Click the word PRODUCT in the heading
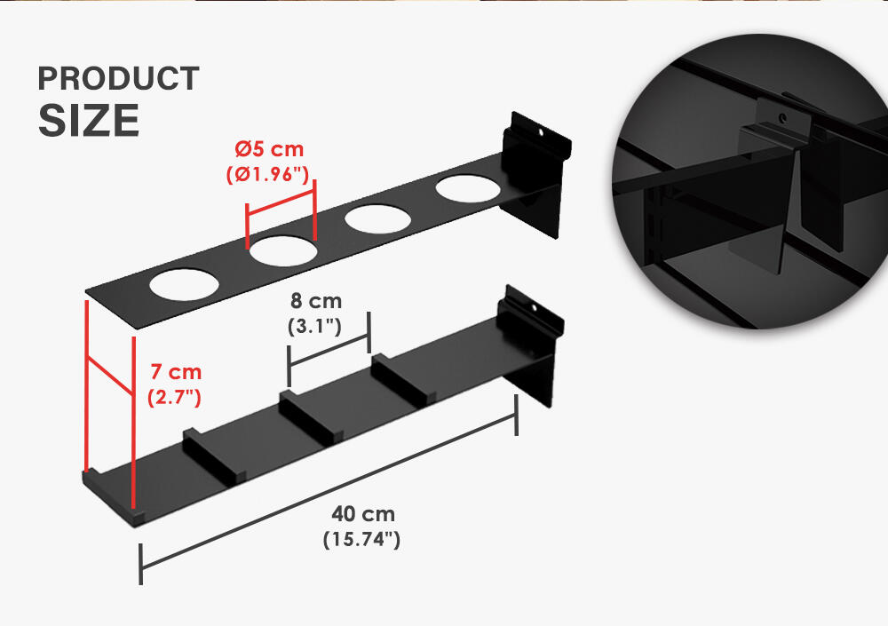pyautogui.click(x=118, y=78)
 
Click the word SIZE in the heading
pyautogui.click(x=89, y=120)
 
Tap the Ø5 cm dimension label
pyautogui.click(x=270, y=149)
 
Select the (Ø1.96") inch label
pyautogui.click(x=268, y=174)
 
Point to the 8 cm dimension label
pyautogui.click(x=316, y=300)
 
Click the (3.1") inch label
pyautogui.click(x=315, y=326)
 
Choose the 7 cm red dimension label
pyautogui.click(x=176, y=372)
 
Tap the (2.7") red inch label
pyautogui.click(x=174, y=397)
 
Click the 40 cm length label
pyautogui.click(x=363, y=514)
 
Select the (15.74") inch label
pyautogui.click(x=362, y=539)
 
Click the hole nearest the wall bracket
pyautogui.click(x=468, y=188)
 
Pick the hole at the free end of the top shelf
pyautogui.click(x=184, y=284)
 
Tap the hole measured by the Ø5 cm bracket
pyautogui.click(x=283, y=251)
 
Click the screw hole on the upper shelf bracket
pyautogui.click(x=540, y=132)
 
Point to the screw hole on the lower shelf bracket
pyautogui.click(x=534, y=307)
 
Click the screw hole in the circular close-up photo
pyautogui.click(x=782, y=118)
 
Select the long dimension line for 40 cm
pyautogui.click(x=329, y=490)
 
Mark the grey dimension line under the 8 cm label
pyautogui.click(x=329, y=350)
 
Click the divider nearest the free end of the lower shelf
pyautogui.click(x=214, y=456)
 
